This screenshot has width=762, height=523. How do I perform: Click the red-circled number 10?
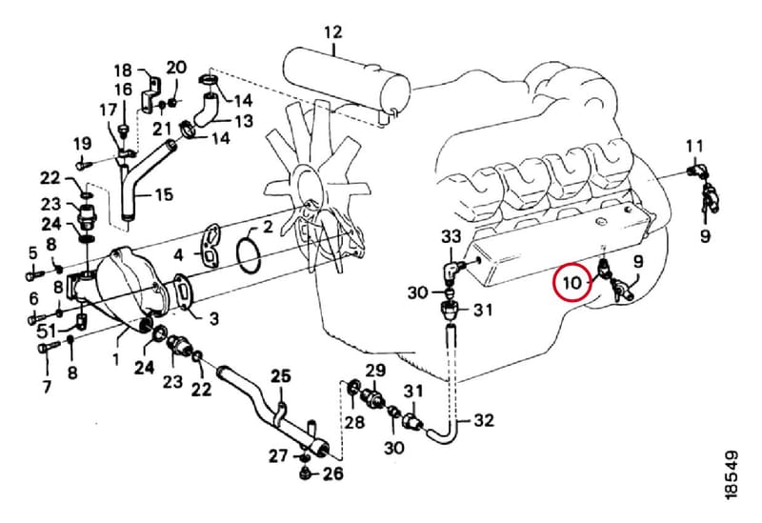(573, 282)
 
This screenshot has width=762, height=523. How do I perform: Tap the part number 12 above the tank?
(333, 32)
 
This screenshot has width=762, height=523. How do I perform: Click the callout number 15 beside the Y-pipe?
(164, 195)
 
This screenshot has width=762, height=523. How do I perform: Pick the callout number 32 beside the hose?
(484, 419)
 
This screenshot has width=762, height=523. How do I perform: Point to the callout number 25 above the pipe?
(280, 375)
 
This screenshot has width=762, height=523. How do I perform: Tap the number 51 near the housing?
(48, 332)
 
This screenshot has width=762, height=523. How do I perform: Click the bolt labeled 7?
(48, 348)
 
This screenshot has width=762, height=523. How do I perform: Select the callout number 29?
(374, 371)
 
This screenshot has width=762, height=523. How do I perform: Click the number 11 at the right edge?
(694, 146)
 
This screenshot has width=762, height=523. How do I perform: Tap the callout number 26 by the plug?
(332, 473)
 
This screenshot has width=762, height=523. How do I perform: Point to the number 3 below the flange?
(213, 319)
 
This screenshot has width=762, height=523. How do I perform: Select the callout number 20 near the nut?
(176, 67)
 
